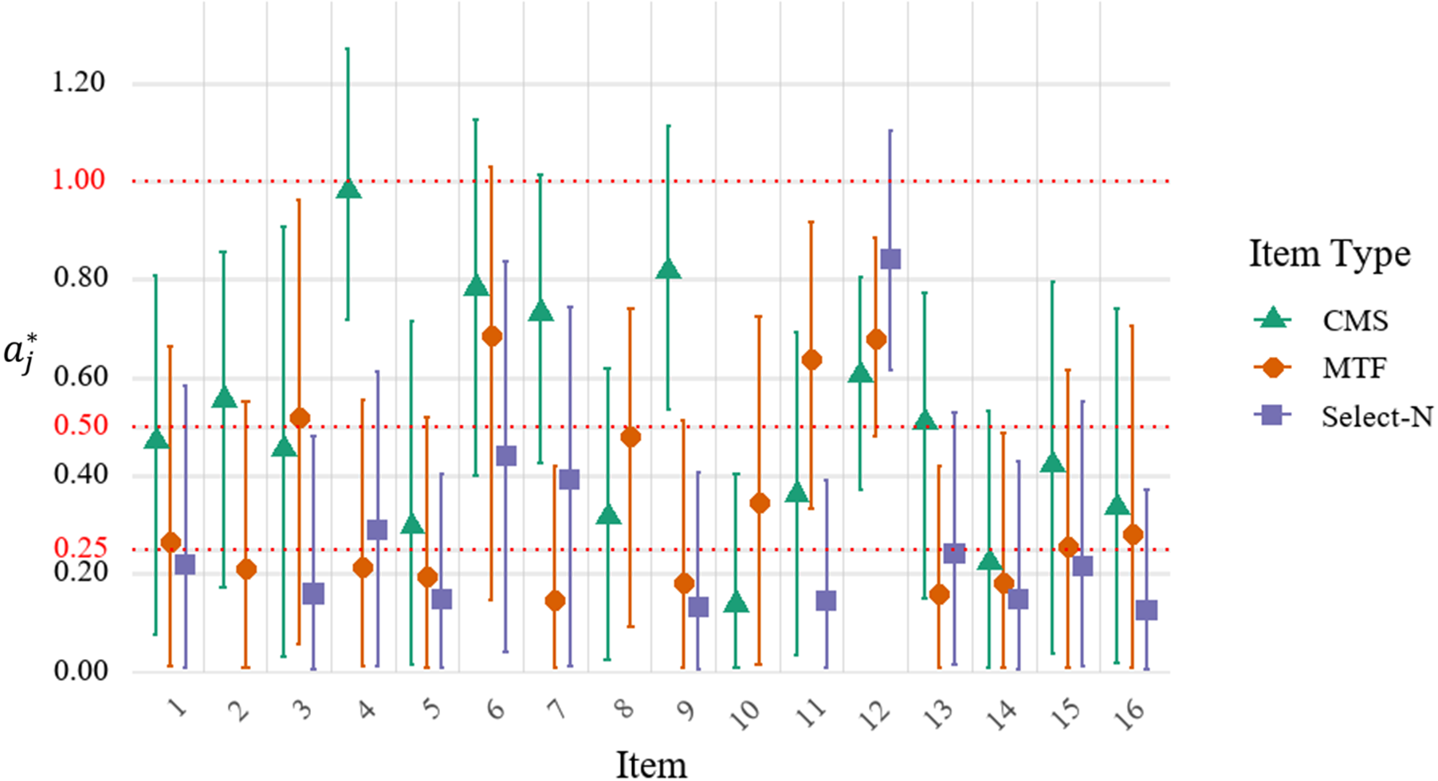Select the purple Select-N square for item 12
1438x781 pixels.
890,259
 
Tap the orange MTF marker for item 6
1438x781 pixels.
492,336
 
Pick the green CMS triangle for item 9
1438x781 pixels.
668,270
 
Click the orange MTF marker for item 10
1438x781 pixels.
760,503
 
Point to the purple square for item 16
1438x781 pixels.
1146,610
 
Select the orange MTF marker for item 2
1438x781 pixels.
246,569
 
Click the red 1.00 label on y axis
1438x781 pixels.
79,180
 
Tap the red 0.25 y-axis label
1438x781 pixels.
80,547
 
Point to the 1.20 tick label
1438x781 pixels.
79,82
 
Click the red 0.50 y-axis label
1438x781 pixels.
80,426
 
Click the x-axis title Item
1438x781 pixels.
650,764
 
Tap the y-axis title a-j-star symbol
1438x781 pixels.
21,353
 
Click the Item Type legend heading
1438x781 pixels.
1329,254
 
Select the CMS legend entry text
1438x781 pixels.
1355,320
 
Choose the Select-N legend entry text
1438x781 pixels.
1377,417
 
